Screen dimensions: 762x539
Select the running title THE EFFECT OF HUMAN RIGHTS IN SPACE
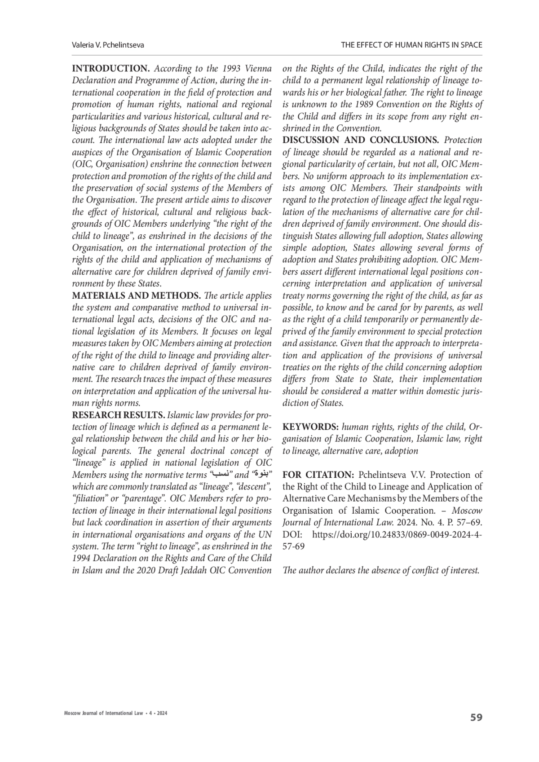pos(411,45)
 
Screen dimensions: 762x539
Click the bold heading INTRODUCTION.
pos(111,69)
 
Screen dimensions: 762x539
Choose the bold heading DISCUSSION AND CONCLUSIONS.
pos(361,140)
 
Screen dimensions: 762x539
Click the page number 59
pos(476,718)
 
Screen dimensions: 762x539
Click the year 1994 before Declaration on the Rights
pos(82,559)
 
